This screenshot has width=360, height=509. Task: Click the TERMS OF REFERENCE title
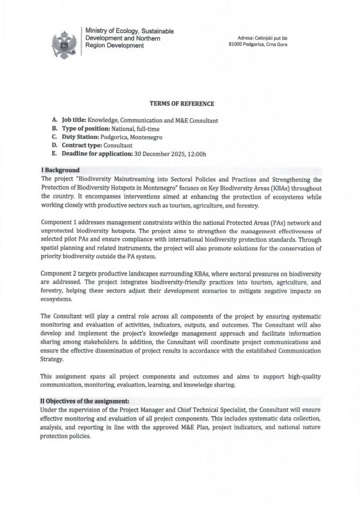(179, 104)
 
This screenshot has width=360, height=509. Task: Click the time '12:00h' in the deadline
(196, 153)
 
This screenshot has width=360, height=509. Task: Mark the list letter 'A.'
(55, 120)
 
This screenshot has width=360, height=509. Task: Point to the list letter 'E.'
(55, 153)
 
